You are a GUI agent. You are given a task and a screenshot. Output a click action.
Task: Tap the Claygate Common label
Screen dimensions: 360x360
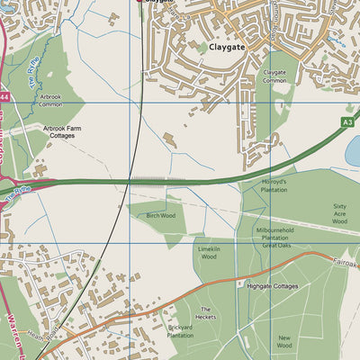click(x=274, y=76)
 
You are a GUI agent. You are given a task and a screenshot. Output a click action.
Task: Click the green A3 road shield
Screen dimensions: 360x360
click(x=348, y=121)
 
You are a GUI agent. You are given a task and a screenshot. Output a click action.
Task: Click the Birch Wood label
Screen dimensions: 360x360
click(x=160, y=215)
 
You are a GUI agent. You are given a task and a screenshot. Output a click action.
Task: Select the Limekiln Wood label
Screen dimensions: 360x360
click(x=209, y=252)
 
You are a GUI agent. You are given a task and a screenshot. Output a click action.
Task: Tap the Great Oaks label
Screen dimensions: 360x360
click(x=277, y=246)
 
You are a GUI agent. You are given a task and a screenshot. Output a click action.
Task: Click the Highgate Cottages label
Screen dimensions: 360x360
click(x=272, y=285)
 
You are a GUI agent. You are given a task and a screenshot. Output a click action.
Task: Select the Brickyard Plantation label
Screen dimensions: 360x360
click(x=181, y=331)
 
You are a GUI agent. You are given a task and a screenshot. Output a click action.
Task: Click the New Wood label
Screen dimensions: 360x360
click(x=284, y=341)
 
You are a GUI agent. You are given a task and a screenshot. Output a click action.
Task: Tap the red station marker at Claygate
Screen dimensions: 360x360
click(x=139, y=2)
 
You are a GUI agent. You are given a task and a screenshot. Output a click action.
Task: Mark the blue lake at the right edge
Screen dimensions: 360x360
click(x=353, y=150)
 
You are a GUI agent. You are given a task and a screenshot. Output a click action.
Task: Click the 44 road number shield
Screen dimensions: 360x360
click(x=4, y=95)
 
